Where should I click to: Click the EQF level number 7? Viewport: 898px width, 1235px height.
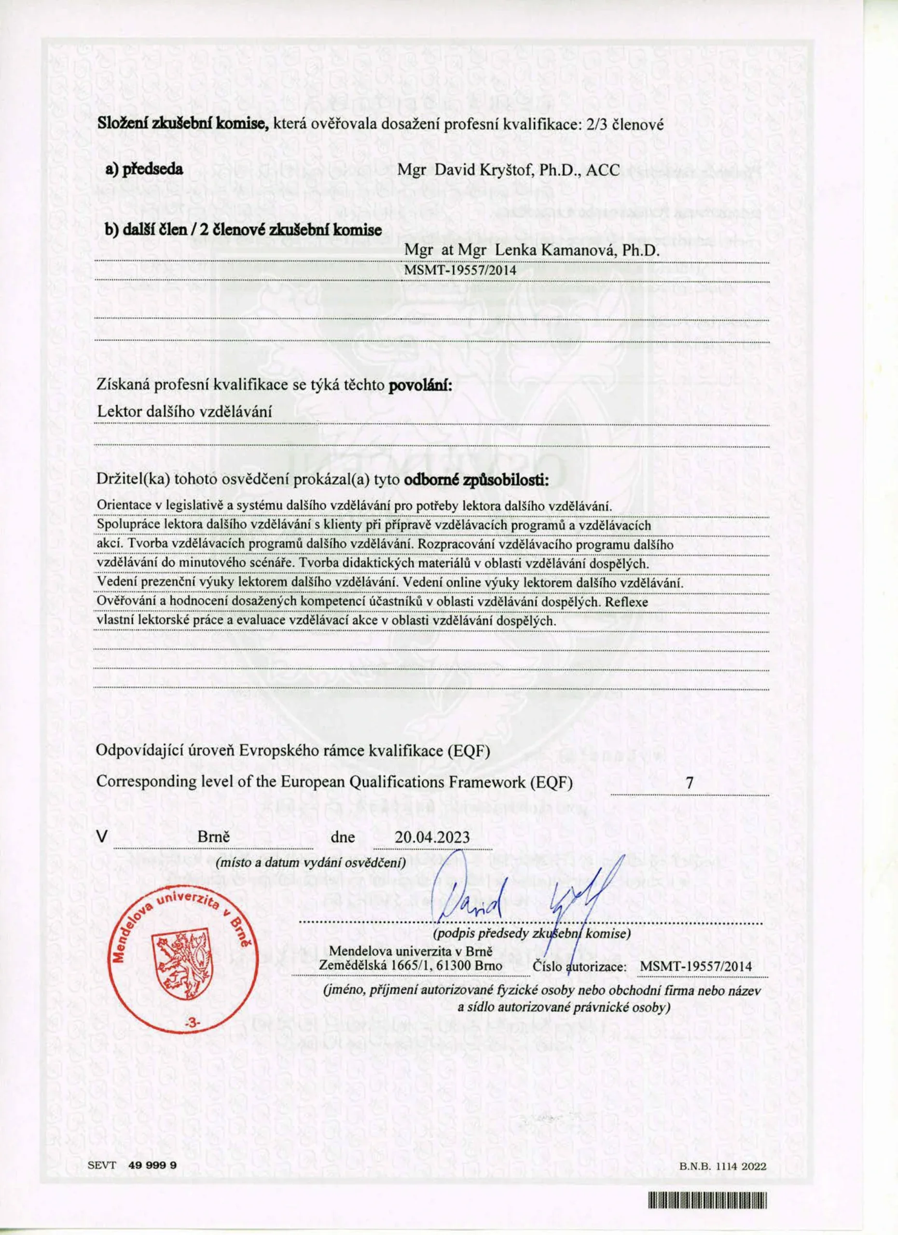(x=690, y=783)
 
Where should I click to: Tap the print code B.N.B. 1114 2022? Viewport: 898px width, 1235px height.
(x=723, y=1162)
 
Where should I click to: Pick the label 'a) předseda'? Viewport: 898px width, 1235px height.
(x=144, y=170)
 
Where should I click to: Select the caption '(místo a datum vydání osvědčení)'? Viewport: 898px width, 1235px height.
(x=311, y=863)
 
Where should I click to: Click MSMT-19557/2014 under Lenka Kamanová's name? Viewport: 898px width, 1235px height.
(x=460, y=269)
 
